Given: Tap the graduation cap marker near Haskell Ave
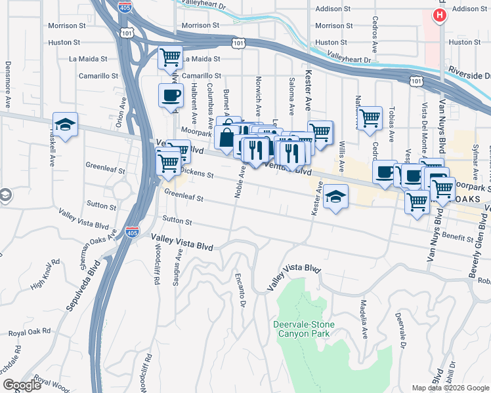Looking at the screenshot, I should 65,124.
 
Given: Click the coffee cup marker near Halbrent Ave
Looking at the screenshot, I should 171,96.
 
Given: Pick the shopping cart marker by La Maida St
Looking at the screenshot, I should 170,57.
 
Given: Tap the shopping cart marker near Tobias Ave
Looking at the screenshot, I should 370,119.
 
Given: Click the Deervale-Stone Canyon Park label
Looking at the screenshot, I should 304,329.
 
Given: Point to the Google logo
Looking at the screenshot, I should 22,385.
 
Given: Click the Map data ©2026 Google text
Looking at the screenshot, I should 450,388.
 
